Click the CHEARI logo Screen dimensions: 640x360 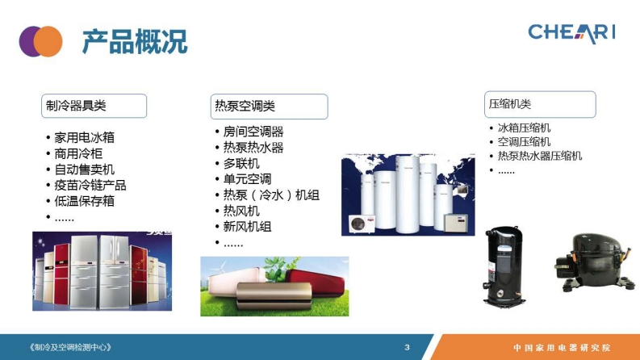click(x=571, y=33)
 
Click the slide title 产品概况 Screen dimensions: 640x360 click(x=135, y=42)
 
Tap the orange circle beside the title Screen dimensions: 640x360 click(x=48, y=41)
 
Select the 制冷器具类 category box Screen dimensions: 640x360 click(x=94, y=106)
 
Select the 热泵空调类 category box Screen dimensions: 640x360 click(x=269, y=107)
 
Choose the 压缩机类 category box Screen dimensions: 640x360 click(x=540, y=104)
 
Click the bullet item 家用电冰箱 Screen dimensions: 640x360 click(x=85, y=137)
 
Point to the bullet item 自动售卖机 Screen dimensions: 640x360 click(x=85, y=170)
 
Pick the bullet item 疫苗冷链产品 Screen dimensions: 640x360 click(x=90, y=186)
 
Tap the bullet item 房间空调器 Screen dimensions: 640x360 click(x=253, y=132)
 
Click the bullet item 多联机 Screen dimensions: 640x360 click(x=241, y=164)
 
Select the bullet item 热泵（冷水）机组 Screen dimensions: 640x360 click(x=271, y=195)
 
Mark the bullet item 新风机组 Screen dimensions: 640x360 click(x=247, y=227)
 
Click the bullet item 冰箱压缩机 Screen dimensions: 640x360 click(x=524, y=128)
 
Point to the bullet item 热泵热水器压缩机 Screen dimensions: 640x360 click(x=540, y=156)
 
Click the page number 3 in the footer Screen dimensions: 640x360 click(x=407, y=347)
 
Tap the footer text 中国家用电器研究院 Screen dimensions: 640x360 click(x=562, y=348)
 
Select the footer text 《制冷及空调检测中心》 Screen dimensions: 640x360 click(x=69, y=347)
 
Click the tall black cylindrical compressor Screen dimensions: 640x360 click(x=504, y=266)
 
